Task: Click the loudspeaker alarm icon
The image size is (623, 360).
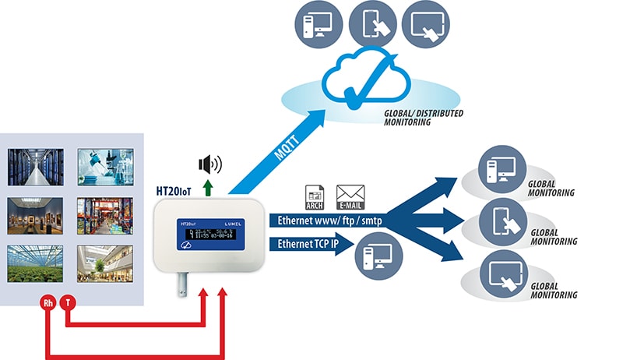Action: (209, 164)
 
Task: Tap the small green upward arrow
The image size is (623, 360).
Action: (207, 186)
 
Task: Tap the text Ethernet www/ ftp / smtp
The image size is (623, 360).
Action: (327, 221)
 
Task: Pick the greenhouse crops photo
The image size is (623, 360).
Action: (32, 263)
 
